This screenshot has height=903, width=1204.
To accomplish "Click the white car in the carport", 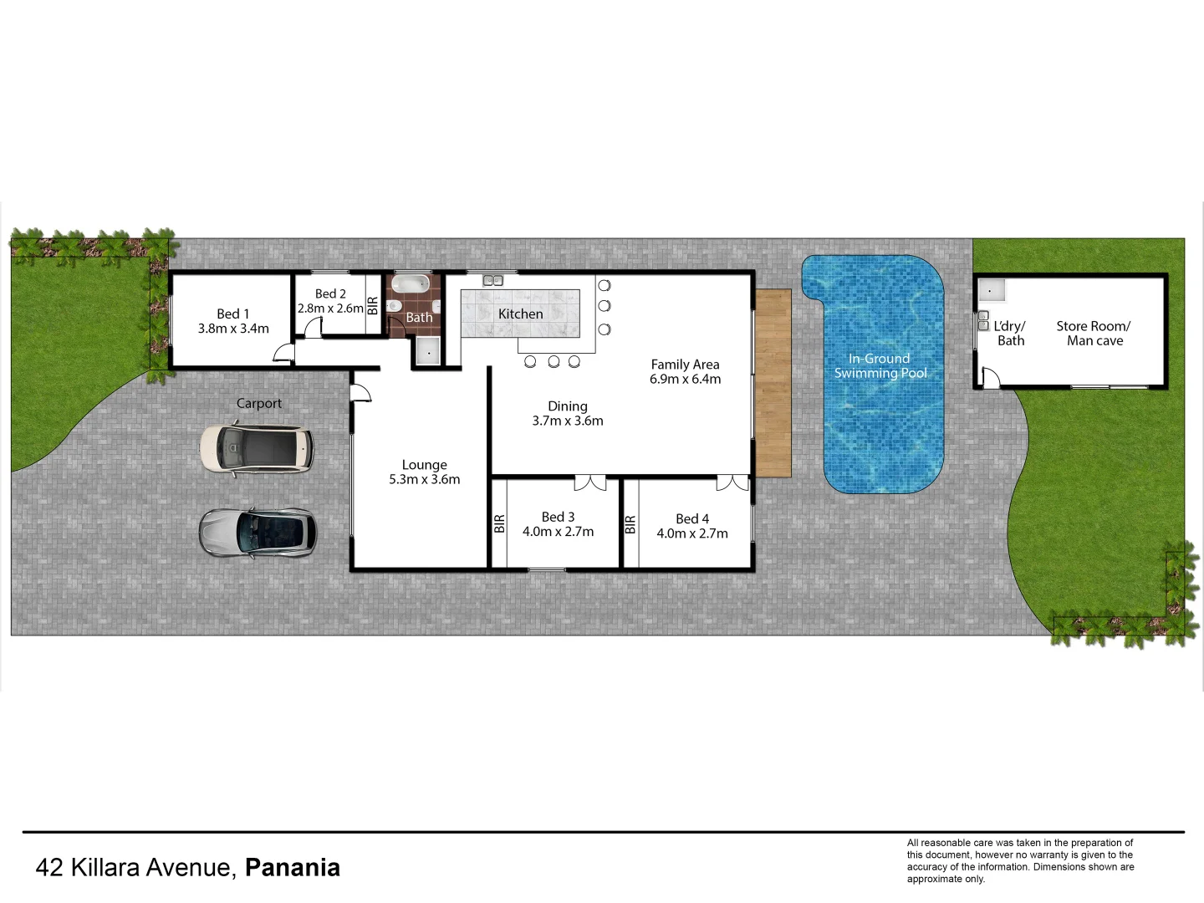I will [257, 450].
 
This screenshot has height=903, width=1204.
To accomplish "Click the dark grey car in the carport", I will [258, 532].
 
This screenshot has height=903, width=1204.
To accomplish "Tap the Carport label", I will [259, 403].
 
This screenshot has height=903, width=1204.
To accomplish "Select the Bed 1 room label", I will [232, 314].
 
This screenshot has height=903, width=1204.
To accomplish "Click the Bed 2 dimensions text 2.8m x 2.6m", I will [331, 308].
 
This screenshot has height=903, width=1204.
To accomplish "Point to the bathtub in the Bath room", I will [411, 284].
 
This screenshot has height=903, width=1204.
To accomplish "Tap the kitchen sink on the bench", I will [492, 280].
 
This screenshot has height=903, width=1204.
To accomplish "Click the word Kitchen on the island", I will [520, 314].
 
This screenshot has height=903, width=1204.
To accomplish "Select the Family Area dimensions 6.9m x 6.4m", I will [685, 379].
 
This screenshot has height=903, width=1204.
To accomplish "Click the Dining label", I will [568, 406].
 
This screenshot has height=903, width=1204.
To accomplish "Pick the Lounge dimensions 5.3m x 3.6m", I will [424, 479].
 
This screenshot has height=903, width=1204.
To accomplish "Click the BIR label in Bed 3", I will [499, 523].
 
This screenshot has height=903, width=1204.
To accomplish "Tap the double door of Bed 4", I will [732, 483].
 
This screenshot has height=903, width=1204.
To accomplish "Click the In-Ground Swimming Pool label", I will [880, 365].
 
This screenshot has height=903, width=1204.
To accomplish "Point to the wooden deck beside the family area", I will [773, 383].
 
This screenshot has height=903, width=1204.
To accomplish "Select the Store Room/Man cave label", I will [1094, 333].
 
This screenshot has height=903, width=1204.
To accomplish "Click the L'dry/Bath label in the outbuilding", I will [1010, 333].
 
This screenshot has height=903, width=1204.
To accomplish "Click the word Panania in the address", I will [292, 868].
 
